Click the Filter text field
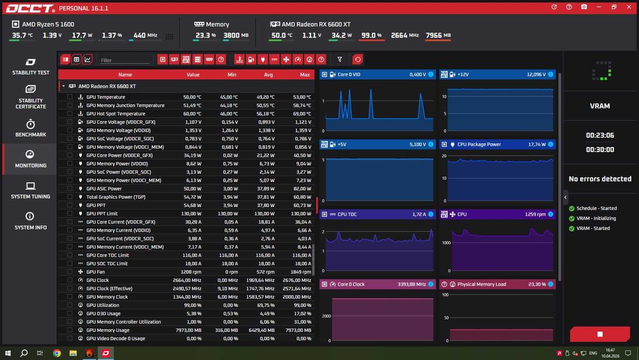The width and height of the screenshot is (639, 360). click(x=125, y=60)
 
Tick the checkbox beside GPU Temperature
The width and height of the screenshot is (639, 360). click(x=70, y=97)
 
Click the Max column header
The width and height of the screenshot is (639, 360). click(x=305, y=75)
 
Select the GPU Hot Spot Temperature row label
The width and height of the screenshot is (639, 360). click(x=116, y=114)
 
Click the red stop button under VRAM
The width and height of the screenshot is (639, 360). click(x=599, y=334)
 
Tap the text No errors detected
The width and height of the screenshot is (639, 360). click(x=599, y=179)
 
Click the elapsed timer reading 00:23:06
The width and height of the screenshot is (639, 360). click(x=599, y=136)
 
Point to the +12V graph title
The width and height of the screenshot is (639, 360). click(x=463, y=75)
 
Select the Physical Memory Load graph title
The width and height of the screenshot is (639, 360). click(x=481, y=284)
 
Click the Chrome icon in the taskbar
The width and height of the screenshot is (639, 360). click(x=57, y=353)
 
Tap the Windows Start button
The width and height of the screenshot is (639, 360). click(x=8, y=353)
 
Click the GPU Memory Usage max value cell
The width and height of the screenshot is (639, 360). click(x=301, y=330)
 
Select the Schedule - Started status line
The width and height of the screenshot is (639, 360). click(x=596, y=208)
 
